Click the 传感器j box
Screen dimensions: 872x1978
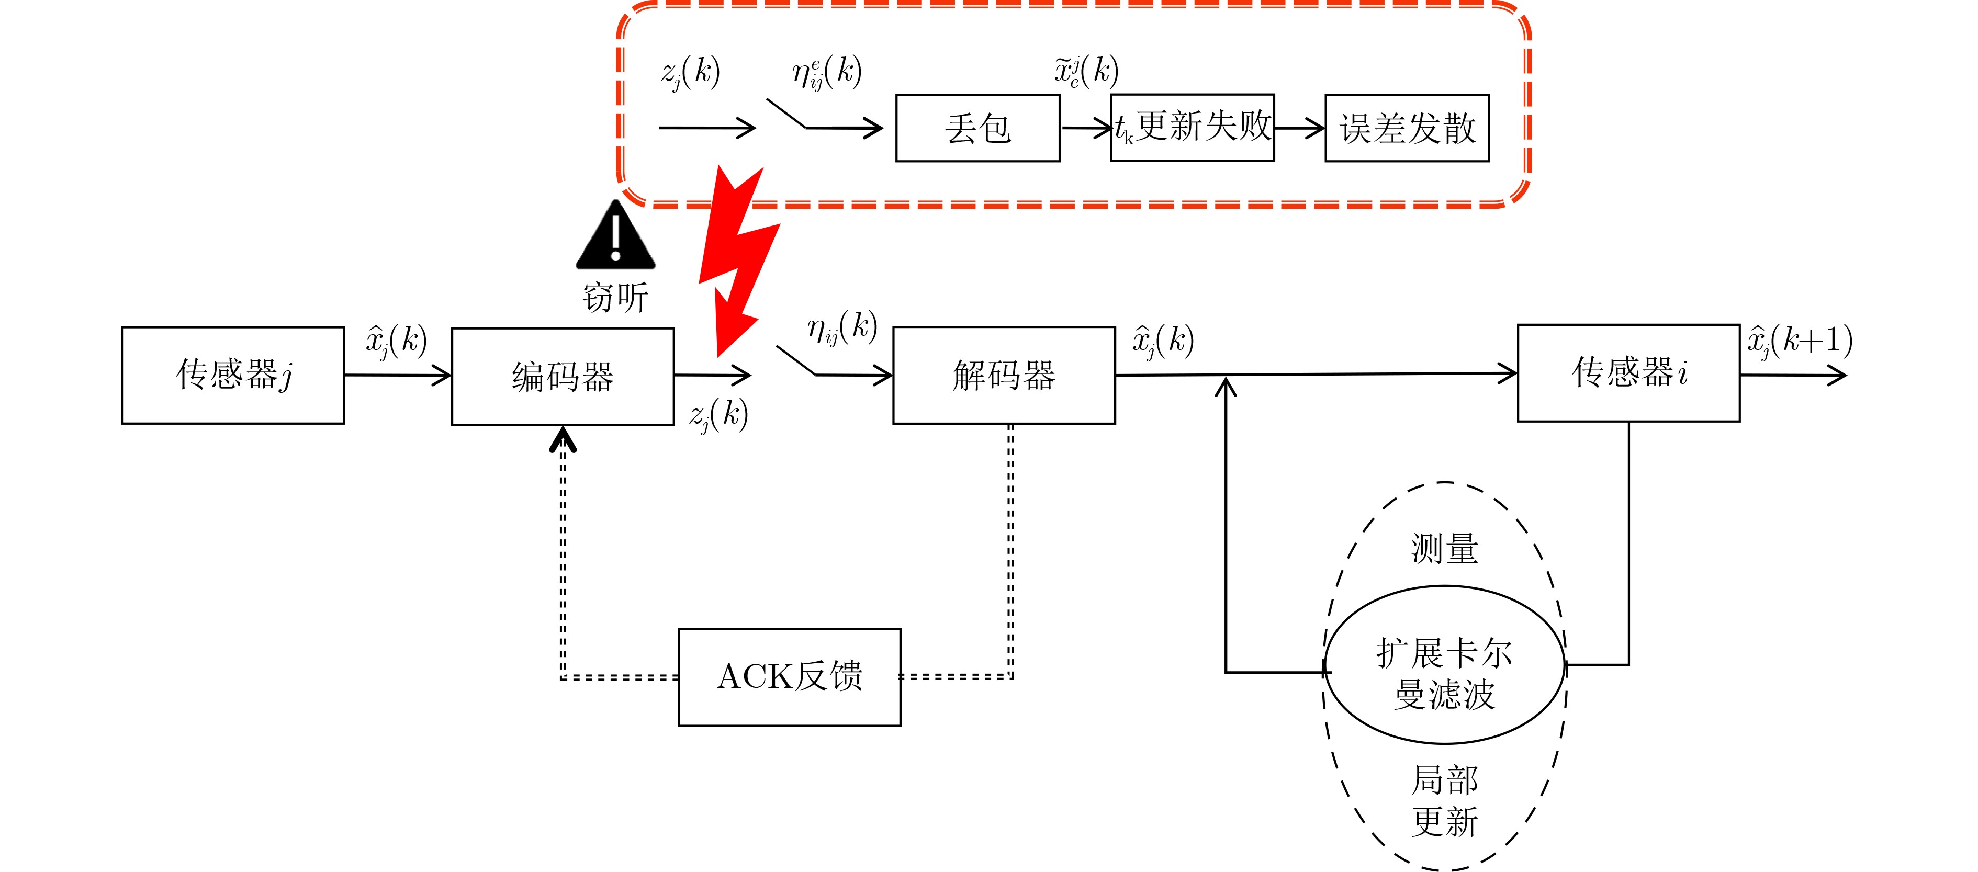233,376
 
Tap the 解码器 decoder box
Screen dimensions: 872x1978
1004,376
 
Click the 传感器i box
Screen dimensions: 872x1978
1628,373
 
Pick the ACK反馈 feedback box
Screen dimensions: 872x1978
789,677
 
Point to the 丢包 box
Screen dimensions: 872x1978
977,128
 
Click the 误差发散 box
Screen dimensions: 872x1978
1407,128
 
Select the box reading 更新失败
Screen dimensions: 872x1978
1193,128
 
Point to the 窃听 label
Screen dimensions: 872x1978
616,298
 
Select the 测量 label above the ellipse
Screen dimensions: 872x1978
1444,549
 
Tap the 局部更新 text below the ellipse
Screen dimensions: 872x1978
1444,801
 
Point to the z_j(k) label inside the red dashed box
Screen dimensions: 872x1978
690,73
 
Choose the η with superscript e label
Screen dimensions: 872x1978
827,73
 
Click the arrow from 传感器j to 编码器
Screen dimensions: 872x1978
397,376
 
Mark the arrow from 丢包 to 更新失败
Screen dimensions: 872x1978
1086,128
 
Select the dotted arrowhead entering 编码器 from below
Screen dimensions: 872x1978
563,439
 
